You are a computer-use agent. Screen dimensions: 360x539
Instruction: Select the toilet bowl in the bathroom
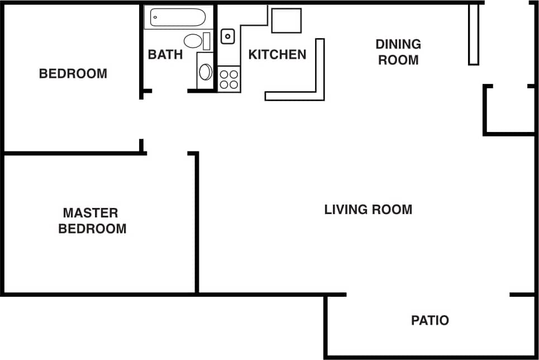click(193, 41)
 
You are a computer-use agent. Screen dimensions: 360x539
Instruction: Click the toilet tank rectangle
click(207, 41)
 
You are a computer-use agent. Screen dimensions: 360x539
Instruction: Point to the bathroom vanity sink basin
click(206, 72)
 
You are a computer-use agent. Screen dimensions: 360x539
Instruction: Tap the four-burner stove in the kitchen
click(228, 79)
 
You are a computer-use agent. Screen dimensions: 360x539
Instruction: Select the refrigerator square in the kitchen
click(286, 21)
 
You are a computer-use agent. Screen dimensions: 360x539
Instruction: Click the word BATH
click(165, 55)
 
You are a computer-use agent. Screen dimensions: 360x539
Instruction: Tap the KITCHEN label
click(277, 55)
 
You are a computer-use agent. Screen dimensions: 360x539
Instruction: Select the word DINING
click(398, 44)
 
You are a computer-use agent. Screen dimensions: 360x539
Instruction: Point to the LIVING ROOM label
click(368, 210)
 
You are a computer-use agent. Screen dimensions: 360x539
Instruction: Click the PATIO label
click(430, 321)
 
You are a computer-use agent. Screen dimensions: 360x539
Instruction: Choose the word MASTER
click(90, 213)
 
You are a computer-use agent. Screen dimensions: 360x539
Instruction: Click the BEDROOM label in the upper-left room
click(73, 73)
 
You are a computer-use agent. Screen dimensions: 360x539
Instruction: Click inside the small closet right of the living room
click(509, 110)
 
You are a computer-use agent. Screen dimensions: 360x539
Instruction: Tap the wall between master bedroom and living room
click(197, 224)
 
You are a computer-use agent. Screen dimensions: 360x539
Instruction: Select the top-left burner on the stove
click(223, 73)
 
